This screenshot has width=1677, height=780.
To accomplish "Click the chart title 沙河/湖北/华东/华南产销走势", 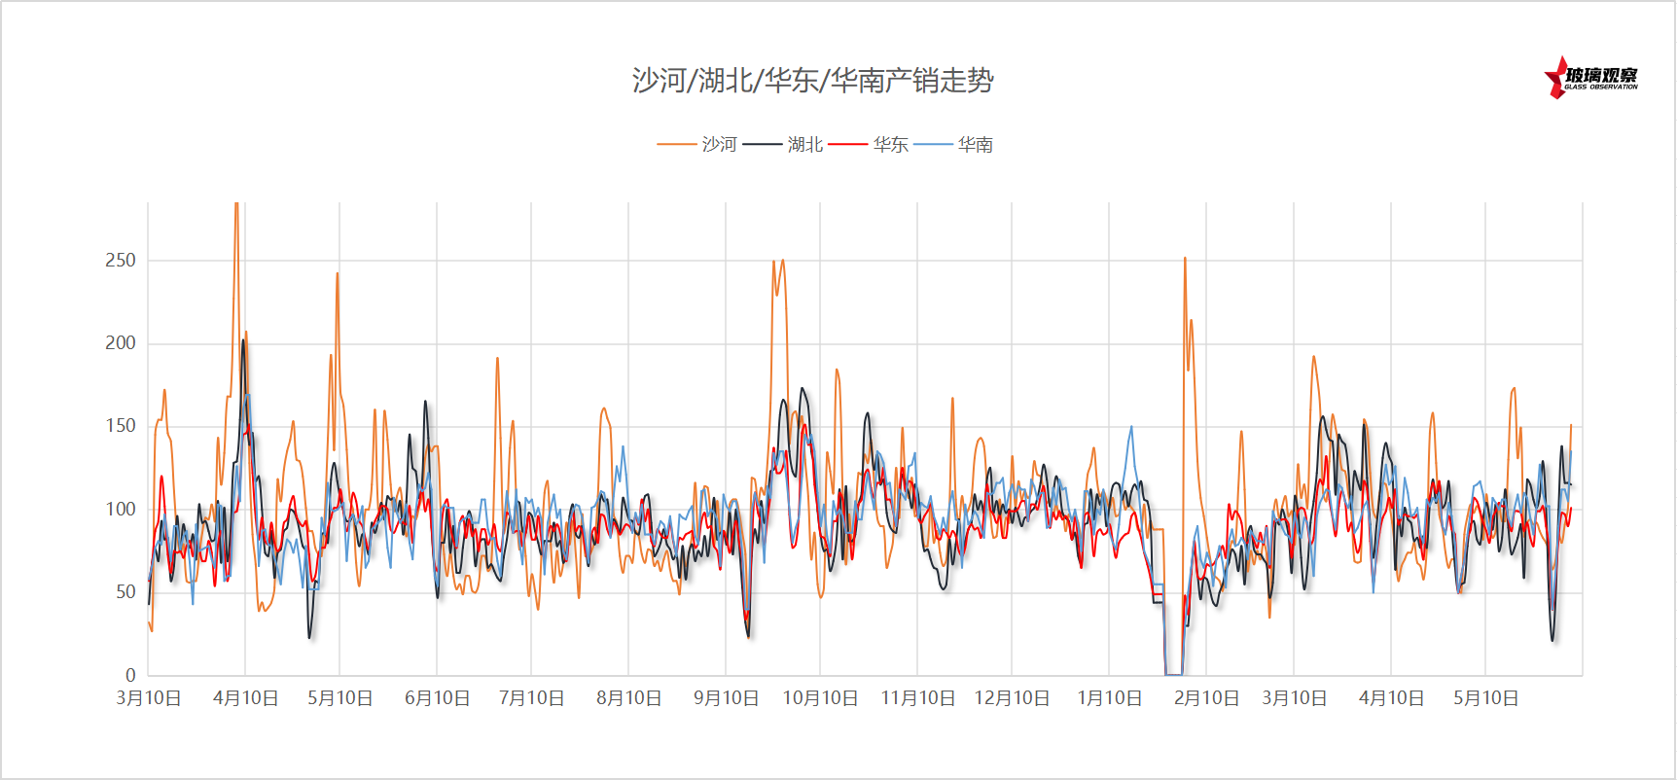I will pyautogui.click(x=812, y=80).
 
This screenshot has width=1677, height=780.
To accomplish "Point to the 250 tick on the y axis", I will pyautogui.click(x=121, y=260).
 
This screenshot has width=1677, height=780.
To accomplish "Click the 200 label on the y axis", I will pyautogui.click(x=121, y=342).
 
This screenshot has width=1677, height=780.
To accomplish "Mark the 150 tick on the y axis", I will pyautogui.click(x=121, y=425).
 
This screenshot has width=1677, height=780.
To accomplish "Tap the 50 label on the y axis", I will pyautogui.click(x=125, y=591).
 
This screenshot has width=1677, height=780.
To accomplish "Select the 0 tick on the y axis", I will pyautogui.click(x=130, y=674).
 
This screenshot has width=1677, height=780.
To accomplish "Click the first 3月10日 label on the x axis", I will pyautogui.click(x=149, y=698).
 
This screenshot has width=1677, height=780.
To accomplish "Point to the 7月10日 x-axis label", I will pyautogui.click(x=531, y=698).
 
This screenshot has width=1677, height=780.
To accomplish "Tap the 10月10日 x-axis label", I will pyautogui.click(x=820, y=698).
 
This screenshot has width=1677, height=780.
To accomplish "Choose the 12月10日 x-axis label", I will pyautogui.click(x=1012, y=698).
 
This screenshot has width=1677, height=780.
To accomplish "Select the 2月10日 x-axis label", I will pyautogui.click(x=1206, y=698).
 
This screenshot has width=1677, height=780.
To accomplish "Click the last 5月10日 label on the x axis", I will pyautogui.click(x=1485, y=698).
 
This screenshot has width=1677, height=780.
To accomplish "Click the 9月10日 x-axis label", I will pyautogui.click(x=726, y=698).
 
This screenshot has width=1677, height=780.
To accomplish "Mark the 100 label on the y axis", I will pyautogui.click(x=121, y=509).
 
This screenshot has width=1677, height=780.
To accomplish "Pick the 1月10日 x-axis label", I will pyautogui.click(x=1109, y=698).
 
